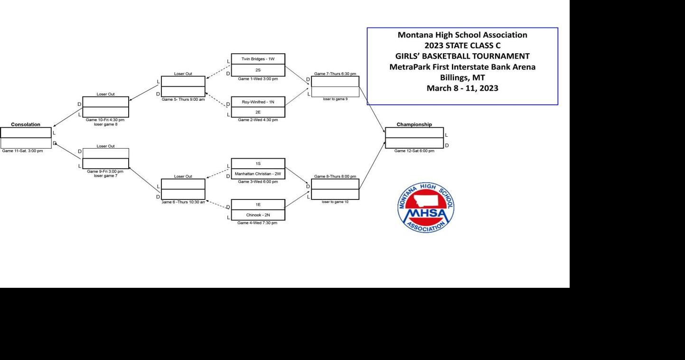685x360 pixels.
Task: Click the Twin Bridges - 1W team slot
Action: click(x=258, y=59)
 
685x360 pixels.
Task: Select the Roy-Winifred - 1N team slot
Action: click(x=258, y=102)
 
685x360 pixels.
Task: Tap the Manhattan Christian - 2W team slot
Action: click(x=258, y=174)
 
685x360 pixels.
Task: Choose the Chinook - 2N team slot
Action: click(x=258, y=215)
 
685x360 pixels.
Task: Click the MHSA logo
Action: click(x=425, y=208)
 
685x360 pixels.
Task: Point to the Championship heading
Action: click(x=414, y=124)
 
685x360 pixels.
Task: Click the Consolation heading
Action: click(x=26, y=124)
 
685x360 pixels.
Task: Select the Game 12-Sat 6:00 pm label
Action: click(x=414, y=151)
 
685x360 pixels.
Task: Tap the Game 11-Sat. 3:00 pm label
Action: click(x=22, y=151)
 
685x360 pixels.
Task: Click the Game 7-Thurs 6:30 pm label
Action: click(x=335, y=74)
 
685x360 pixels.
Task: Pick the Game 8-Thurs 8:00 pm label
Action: click(x=335, y=176)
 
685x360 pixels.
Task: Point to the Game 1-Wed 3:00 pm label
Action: click(x=258, y=79)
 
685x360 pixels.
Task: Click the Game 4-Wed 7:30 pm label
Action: click(x=257, y=223)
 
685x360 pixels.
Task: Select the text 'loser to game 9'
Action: click(x=335, y=99)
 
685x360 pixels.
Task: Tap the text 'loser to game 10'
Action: click(x=335, y=202)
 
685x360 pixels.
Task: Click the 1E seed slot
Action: click(x=258, y=205)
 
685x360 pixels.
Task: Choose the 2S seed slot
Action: click(x=258, y=70)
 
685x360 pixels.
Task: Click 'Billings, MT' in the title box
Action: click(x=462, y=77)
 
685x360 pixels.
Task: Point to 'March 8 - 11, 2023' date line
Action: click(x=462, y=88)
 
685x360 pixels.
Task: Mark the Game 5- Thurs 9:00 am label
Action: click(x=183, y=100)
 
